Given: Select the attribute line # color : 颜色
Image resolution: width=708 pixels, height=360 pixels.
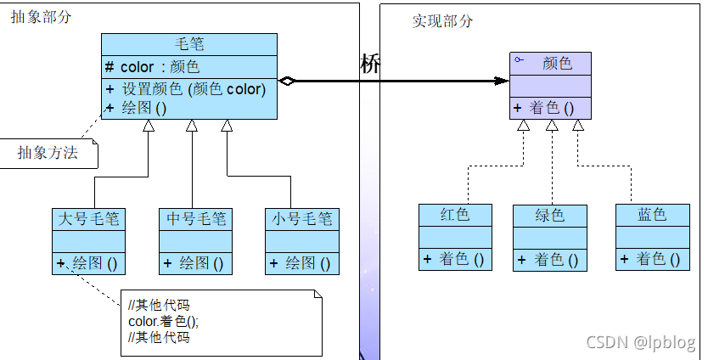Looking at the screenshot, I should coord(153,67).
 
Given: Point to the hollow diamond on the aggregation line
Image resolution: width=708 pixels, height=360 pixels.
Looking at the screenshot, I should coord(287,82).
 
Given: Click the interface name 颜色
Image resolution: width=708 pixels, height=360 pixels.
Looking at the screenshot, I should coord(556,63).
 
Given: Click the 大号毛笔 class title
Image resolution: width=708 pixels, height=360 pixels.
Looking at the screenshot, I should coord(88,219).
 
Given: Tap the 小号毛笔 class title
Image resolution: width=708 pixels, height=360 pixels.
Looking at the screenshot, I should coord(301,219).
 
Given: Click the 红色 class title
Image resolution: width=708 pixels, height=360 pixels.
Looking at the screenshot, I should coord(455,215).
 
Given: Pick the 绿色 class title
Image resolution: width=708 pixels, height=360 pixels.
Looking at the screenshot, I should coord(549,215).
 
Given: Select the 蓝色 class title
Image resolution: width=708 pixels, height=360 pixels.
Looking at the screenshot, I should coord(652,215).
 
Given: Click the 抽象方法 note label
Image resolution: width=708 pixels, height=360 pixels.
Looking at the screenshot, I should coord(48,153).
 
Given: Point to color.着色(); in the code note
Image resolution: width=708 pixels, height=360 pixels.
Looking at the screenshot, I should coord(163,322).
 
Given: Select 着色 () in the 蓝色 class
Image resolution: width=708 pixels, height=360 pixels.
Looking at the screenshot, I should coord(652,259).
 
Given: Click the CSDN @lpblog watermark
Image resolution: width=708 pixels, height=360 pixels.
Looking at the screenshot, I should coord(640,341).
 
